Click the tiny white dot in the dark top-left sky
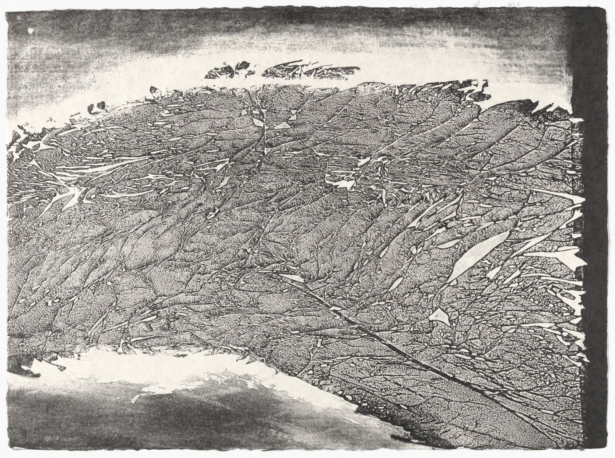click(30, 31)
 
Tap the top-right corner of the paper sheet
click(607, 7)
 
